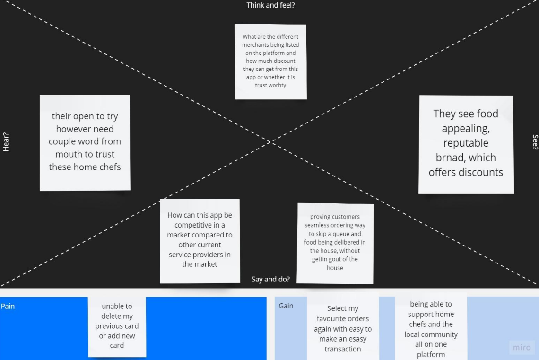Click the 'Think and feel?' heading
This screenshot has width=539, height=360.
[x=270, y=5]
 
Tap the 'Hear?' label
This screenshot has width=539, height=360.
[x=6, y=141]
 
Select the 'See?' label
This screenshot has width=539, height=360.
[x=535, y=141]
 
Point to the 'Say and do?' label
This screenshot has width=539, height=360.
[x=270, y=279]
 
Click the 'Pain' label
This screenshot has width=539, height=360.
[x=8, y=306]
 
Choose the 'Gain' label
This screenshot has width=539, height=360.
[x=286, y=306]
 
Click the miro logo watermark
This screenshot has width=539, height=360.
[x=522, y=347]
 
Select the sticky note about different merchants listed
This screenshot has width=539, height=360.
[x=270, y=61]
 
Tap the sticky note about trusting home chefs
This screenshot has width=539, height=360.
[x=85, y=143]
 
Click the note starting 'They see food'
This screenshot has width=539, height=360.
[x=466, y=144]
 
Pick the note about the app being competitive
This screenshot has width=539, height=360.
[x=200, y=241]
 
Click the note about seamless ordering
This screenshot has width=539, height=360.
[x=335, y=244]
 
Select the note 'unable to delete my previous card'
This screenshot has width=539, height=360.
[x=117, y=326]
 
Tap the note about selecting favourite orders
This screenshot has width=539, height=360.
[x=343, y=326]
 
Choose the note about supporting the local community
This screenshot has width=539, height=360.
[x=431, y=326]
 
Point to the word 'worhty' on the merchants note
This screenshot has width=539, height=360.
[x=278, y=85]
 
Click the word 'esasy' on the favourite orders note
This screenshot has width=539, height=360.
[x=357, y=339]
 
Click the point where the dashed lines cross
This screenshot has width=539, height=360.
[x=270, y=141]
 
